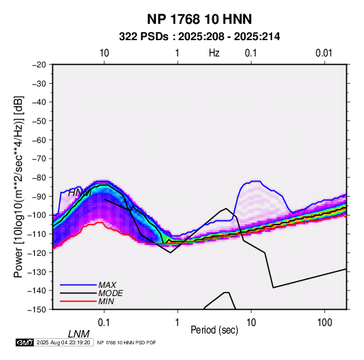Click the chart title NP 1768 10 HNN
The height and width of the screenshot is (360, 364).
(199, 19)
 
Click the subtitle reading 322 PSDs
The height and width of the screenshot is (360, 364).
(144, 37)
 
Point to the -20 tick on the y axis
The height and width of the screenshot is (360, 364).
(39, 65)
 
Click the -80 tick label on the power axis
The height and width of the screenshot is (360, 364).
(39, 178)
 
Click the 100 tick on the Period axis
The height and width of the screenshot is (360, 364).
(325, 323)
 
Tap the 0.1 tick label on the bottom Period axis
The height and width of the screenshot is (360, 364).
(104, 323)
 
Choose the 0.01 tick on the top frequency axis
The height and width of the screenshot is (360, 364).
(324, 53)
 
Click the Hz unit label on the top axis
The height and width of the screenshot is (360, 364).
(214, 53)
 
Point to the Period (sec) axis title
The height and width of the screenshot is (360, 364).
(214, 330)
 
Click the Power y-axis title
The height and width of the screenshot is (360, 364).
(18, 187)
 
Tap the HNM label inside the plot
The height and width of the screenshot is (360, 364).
(80, 193)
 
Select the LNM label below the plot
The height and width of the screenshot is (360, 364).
(78, 334)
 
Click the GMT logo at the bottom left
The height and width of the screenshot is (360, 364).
(25, 342)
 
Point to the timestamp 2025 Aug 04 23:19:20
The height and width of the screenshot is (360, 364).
(63, 342)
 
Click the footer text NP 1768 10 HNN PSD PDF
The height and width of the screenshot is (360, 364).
(127, 342)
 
